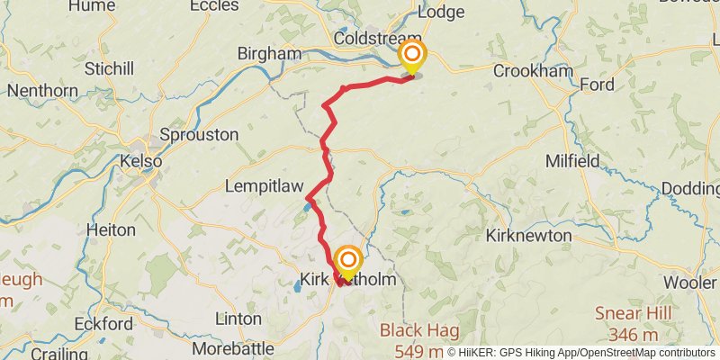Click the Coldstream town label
pos(371,39)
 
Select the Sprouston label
pos(198,135)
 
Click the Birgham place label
pos(269,54)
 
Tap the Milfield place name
pos(573,161)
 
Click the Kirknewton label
pos(528,236)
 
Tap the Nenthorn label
pos(44,91)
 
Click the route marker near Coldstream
pos(412,57)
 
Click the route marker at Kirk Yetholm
pos(348,263)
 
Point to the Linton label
pos(239,319)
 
